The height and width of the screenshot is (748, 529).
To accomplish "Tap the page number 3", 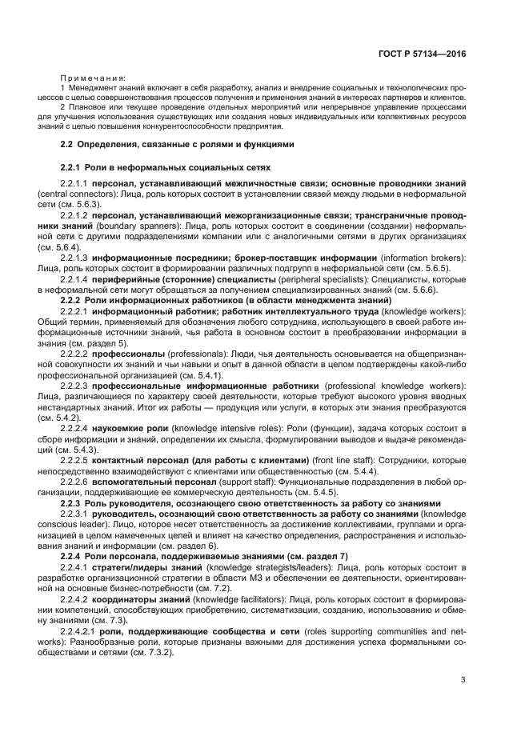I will tap(463, 681).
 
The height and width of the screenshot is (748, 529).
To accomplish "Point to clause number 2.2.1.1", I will tap(74, 184).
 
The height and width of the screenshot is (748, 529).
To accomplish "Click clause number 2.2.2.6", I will tap(74, 483).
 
